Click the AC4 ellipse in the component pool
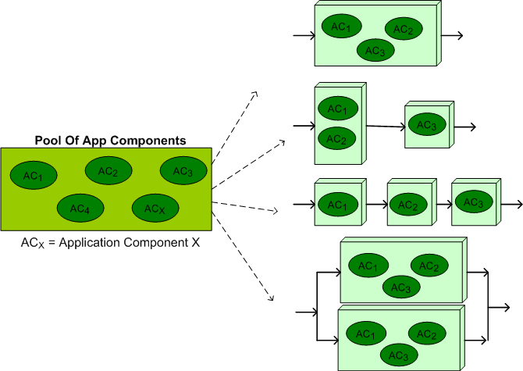tap(79, 208)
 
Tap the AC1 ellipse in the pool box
tap(33, 175)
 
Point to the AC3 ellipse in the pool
tap(183, 170)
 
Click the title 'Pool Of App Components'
tap(110, 141)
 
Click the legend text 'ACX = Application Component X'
tap(110, 243)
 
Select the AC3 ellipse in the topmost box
tap(375, 51)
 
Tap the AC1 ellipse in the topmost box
tap(341, 27)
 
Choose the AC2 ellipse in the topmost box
tap(404, 30)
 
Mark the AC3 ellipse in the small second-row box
tap(426, 124)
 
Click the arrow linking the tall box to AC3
tap(386, 125)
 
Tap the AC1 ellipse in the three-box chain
tap(337, 205)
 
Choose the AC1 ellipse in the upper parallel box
tap(367, 266)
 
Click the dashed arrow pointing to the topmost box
tap(234, 129)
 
